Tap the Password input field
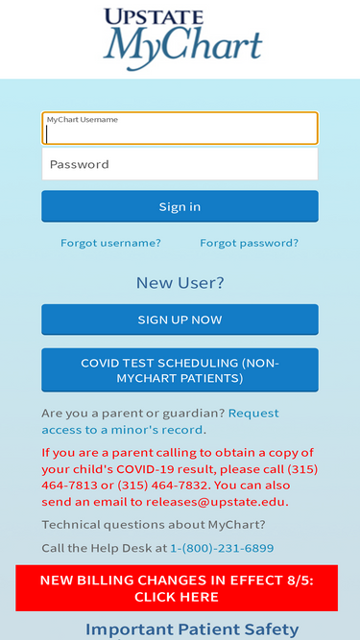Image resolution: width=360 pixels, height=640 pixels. (180, 164)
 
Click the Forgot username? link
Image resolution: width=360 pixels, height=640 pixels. (110, 243)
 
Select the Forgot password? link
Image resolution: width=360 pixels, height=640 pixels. (249, 243)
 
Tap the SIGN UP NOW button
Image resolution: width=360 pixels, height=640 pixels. (180, 320)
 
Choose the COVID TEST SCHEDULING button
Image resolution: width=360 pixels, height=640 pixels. (180, 370)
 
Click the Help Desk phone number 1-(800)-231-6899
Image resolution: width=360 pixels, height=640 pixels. (222, 548)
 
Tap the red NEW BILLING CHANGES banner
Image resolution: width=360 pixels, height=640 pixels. (177, 588)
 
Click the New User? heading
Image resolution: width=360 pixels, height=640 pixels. (180, 282)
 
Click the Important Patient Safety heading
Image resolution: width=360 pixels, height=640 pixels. (192, 629)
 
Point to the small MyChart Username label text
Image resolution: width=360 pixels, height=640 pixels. (83, 120)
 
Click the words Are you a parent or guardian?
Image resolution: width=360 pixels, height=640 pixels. (132, 413)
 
